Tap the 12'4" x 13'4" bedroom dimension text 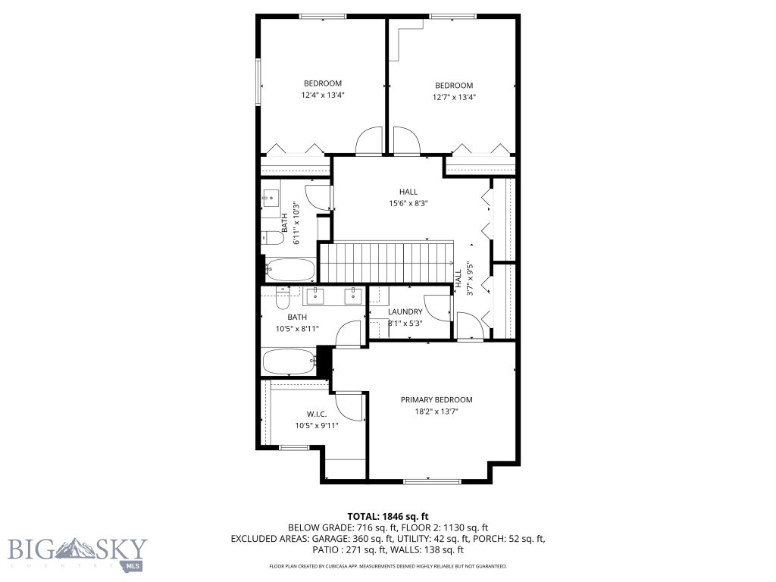coord(323,96)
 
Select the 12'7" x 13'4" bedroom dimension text coord(454,97)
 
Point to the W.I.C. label coord(317,414)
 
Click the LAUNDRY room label coord(405,312)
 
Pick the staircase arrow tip coord(452,262)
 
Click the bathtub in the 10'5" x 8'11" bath coord(288,361)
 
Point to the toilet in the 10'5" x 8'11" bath coord(283,301)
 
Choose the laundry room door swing coord(436,305)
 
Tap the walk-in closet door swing coord(350,406)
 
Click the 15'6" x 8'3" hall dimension coord(408,203)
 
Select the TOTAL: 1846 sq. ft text coord(387,515)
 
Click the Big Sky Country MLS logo coord(77,552)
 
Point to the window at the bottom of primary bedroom coord(431,480)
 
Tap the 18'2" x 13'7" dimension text coord(436,412)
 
